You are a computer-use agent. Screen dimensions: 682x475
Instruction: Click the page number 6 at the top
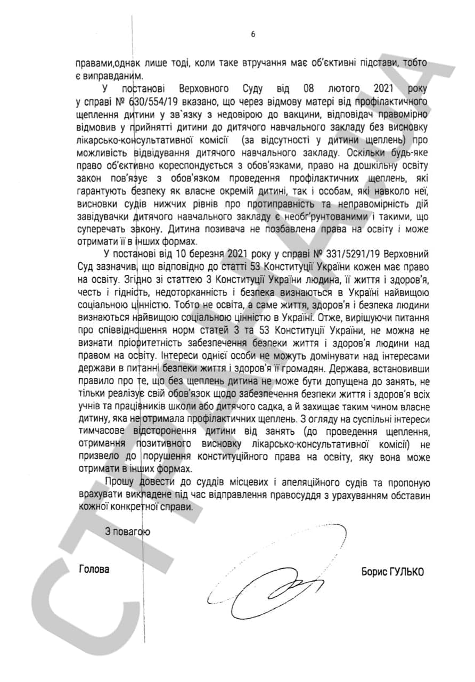coord(253,35)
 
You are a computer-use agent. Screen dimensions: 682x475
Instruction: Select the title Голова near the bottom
coord(94,569)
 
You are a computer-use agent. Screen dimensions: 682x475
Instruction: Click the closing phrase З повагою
coord(127,531)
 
